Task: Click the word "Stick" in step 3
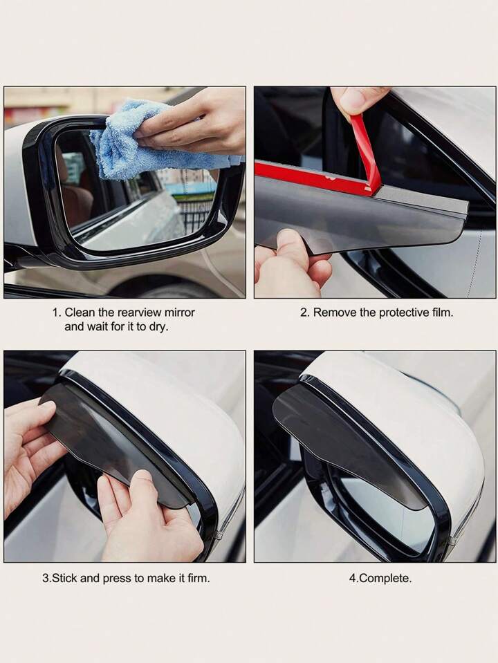64,578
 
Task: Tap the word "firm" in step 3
199,578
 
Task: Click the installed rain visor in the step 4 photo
347,440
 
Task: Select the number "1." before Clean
57,313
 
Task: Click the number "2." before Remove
305,313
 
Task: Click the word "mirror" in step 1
179,312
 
